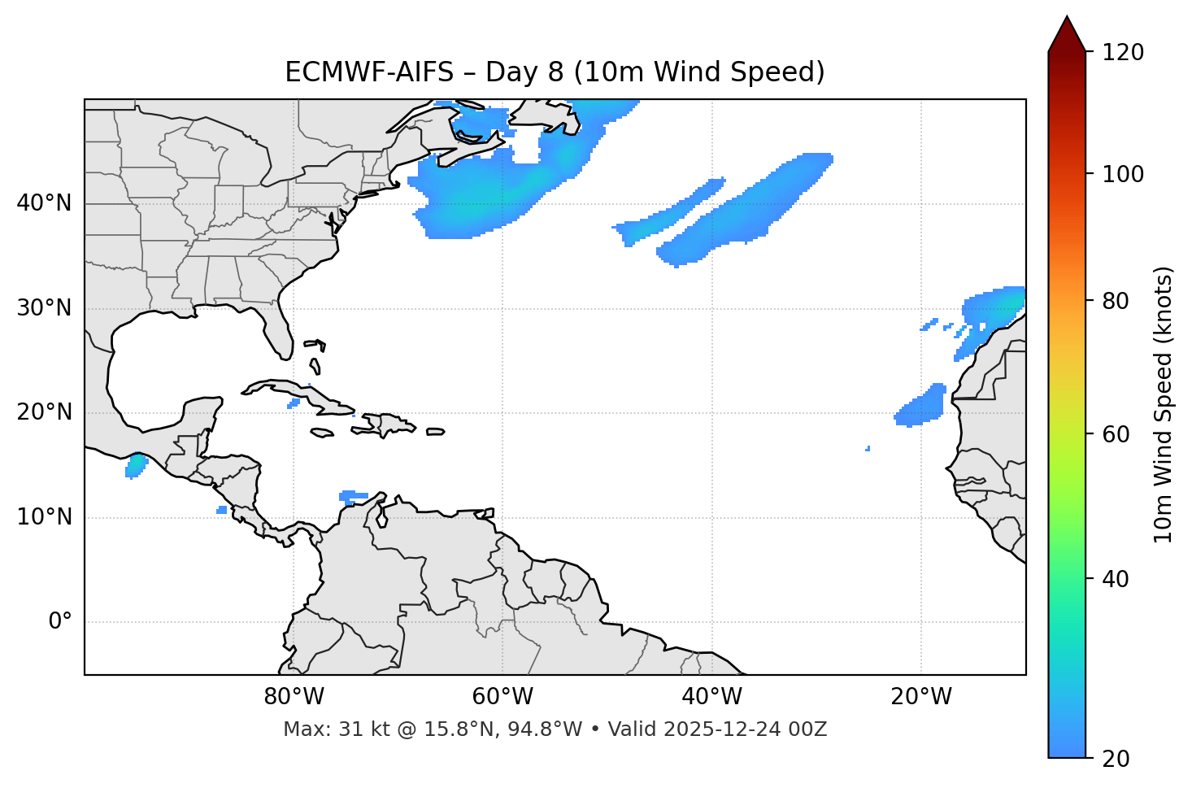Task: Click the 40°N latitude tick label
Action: [x=44, y=203]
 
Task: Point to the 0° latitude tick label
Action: [x=60, y=622]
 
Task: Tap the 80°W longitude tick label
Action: [x=294, y=697]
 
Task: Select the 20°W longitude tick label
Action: [x=921, y=697]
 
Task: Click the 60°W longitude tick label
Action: [x=502, y=697]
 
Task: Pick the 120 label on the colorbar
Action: [x=1123, y=53]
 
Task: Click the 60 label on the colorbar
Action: [x=1116, y=434]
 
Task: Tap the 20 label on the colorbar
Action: [x=1116, y=759]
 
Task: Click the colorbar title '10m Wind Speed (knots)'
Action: [x=1164, y=404]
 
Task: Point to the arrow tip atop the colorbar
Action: [x=1067, y=18]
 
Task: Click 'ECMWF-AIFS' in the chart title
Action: [x=369, y=72]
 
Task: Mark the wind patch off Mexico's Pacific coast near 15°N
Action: [x=136, y=466]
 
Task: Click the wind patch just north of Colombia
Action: [x=353, y=496]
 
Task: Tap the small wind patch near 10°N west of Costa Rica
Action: [x=222, y=510]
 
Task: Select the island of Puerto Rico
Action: [x=436, y=432]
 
